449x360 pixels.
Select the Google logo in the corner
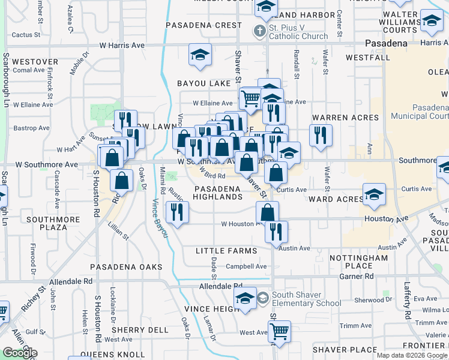(x=20, y=353)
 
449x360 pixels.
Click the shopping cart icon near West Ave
(x=279, y=331)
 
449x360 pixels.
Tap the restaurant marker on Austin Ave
(x=276, y=231)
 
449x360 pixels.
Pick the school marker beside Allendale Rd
(x=245, y=299)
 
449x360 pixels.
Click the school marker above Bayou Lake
(x=200, y=55)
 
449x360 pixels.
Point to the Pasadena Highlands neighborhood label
(x=218, y=193)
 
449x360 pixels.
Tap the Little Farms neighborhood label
(x=226, y=251)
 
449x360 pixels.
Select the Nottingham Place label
(x=360, y=262)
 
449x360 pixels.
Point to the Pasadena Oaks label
(x=126, y=266)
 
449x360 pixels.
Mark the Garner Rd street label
(x=357, y=277)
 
